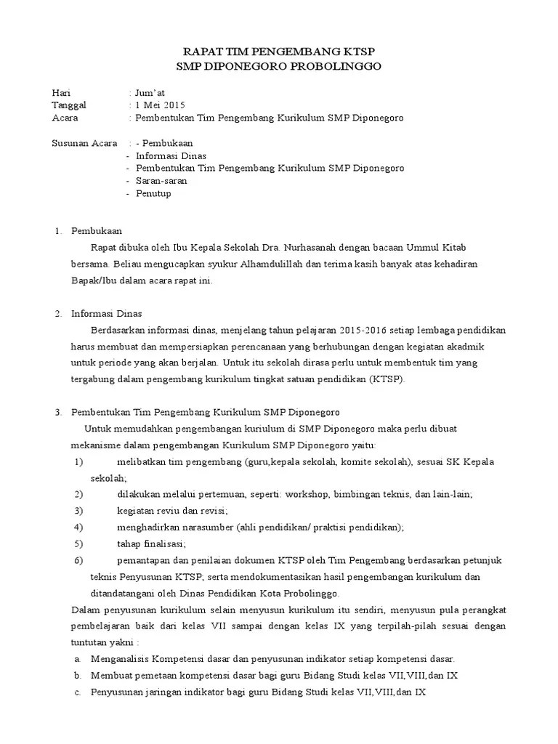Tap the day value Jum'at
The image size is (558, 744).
pyautogui.click(x=150, y=93)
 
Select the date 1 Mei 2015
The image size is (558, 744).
pyautogui.click(x=158, y=105)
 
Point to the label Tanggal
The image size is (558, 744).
pyautogui.click(x=69, y=105)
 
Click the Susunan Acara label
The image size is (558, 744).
pyautogui.click(x=85, y=143)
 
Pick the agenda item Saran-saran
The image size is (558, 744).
pyautogui.click(x=161, y=181)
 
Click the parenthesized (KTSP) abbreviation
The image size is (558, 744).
pyautogui.click(x=389, y=379)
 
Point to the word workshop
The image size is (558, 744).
pyautogui.click(x=307, y=494)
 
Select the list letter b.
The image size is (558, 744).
pyautogui.click(x=78, y=676)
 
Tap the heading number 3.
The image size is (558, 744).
pyautogui.click(x=59, y=412)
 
